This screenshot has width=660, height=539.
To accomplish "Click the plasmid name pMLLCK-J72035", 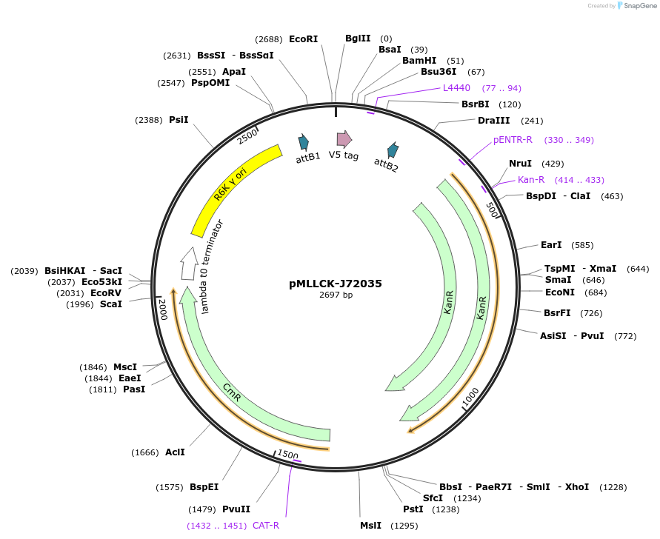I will pyautogui.click(x=336, y=284).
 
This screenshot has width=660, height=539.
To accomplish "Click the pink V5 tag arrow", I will pyautogui.click(x=344, y=138).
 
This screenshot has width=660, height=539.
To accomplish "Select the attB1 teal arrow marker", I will pyautogui.click(x=303, y=143).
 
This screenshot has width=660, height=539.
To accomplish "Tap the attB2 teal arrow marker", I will pyautogui.click(x=393, y=150).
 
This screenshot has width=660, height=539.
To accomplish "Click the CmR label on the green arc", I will pyautogui.click(x=232, y=392).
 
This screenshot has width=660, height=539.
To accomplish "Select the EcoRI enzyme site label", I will pyautogui.click(x=304, y=38).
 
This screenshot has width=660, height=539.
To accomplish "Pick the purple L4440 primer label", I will pyautogui.click(x=456, y=87).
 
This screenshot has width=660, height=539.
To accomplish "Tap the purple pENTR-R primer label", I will pyautogui.click(x=513, y=140).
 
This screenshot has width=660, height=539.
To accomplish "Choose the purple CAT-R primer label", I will pyautogui.click(x=266, y=526).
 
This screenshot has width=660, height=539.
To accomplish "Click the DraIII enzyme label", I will pyautogui.click(x=493, y=121).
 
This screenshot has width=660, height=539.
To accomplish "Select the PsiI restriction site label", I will pyautogui.click(x=179, y=119).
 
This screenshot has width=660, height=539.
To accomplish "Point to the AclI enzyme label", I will pyautogui.click(x=175, y=452).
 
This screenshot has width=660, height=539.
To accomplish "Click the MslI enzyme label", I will pyautogui.click(x=370, y=526).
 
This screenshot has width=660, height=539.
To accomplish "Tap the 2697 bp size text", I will pyautogui.click(x=336, y=295).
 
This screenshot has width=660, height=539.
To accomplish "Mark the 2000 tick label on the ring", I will pyautogui.click(x=162, y=309).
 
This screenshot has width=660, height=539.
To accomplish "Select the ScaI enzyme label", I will pyautogui.click(x=111, y=304).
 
